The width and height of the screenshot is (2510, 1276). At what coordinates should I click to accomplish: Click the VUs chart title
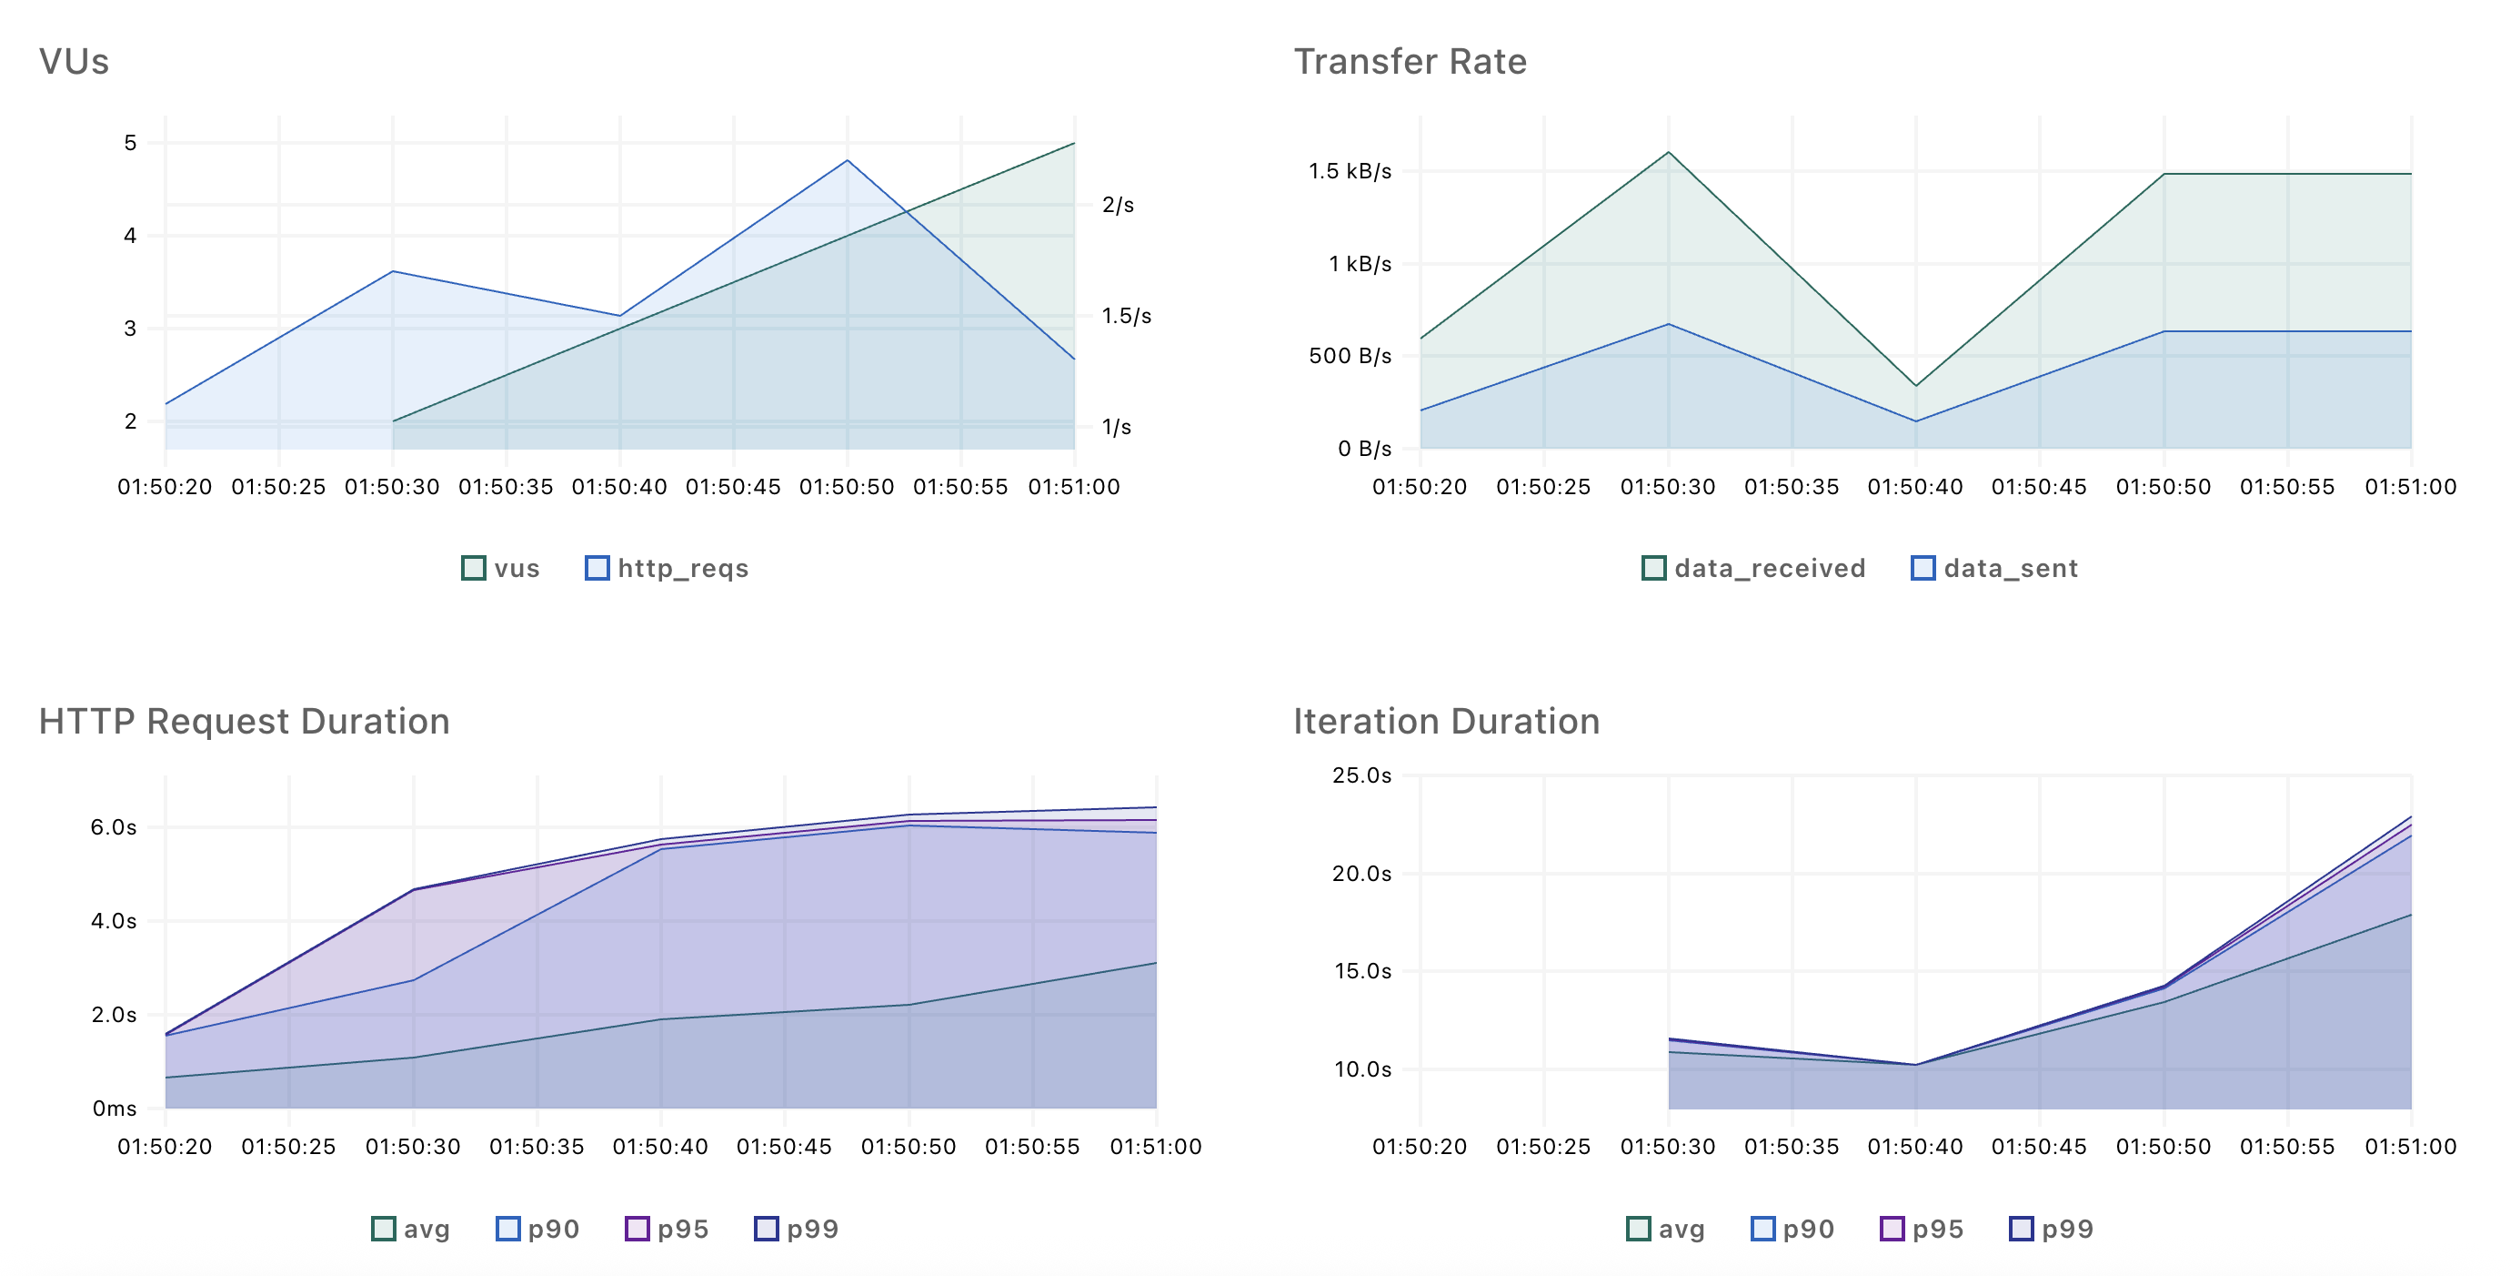coord(74,61)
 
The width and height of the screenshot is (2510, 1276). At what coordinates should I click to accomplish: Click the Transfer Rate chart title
coord(1409,61)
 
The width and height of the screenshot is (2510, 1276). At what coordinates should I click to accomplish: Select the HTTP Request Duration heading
coord(244,722)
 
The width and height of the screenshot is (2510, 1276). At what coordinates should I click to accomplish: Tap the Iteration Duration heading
coord(1446,722)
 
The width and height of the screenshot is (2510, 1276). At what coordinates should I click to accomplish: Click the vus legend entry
coord(501,568)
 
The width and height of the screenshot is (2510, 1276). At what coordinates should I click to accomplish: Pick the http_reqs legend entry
coord(668,568)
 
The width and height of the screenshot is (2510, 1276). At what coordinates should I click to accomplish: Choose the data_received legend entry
coord(1754,568)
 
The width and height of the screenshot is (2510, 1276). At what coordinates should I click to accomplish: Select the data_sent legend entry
coord(1995,568)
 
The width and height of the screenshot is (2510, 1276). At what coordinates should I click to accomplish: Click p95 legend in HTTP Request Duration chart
coord(668,1230)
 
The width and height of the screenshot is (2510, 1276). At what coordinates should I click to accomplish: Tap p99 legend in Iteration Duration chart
coord(2052,1230)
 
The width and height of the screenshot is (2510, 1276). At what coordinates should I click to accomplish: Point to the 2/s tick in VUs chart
coord(1118,205)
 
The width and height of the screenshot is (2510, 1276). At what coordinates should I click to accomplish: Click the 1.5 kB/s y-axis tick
coord(1350,172)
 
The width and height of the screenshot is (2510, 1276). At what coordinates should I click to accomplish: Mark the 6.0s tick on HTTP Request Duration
coord(113,827)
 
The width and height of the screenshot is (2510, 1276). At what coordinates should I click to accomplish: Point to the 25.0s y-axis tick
coord(1361,776)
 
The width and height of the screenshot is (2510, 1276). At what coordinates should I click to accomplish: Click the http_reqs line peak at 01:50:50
coord(848,161)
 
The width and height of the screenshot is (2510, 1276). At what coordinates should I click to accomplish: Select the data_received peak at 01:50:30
coord(1668,152)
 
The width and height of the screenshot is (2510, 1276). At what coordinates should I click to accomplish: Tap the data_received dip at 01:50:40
coord(1915,386)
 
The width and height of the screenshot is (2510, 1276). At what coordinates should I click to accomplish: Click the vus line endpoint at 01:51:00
coord(1074,143)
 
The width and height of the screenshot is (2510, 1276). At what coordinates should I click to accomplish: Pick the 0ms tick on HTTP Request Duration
coord(114,1109)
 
